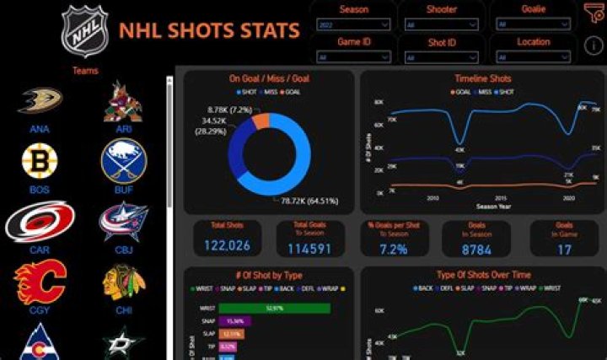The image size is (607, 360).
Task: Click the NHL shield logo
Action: (84, 32)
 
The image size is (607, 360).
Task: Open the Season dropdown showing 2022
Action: (353, 25)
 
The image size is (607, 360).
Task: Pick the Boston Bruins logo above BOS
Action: (39, 160)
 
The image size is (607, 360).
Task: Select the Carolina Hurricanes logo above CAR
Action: (39, 222)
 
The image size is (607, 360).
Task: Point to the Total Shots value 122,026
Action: (226, 246)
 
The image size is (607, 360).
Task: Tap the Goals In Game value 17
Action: (564, 250)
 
